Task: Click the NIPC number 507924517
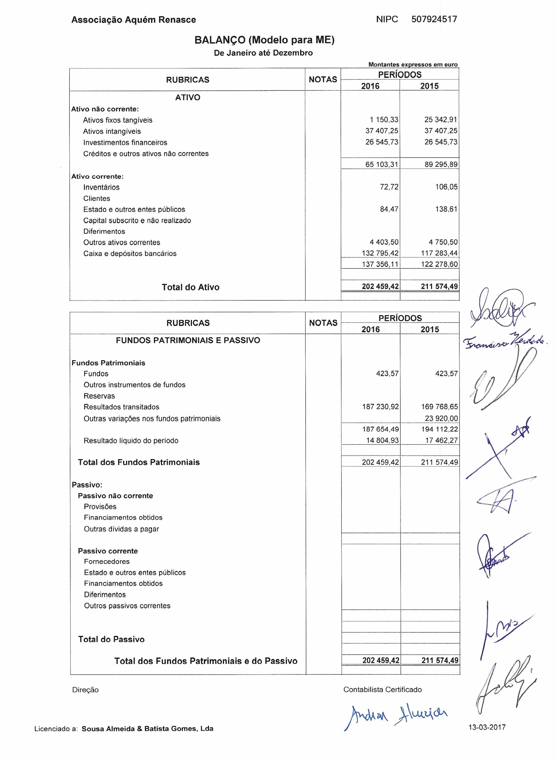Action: coord(434,19)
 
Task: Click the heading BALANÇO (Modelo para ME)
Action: coord(264,40)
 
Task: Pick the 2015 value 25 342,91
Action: coord(441,120)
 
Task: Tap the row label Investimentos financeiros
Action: coord(125,142)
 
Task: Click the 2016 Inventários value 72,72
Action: coord(389,187)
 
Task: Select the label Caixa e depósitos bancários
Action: coord(130,254)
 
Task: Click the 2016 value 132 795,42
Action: coord(380,253)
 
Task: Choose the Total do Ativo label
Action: coord(191,287)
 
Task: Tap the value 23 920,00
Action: coord(441,419)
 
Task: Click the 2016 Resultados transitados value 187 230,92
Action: coord(380,407)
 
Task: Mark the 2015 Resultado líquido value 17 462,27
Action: coord(441,441)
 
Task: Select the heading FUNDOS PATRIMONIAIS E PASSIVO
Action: coord(188,340)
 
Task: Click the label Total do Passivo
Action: coord(111,639)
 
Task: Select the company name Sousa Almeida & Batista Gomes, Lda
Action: coord(147,729)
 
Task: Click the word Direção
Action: coord(85,690)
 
